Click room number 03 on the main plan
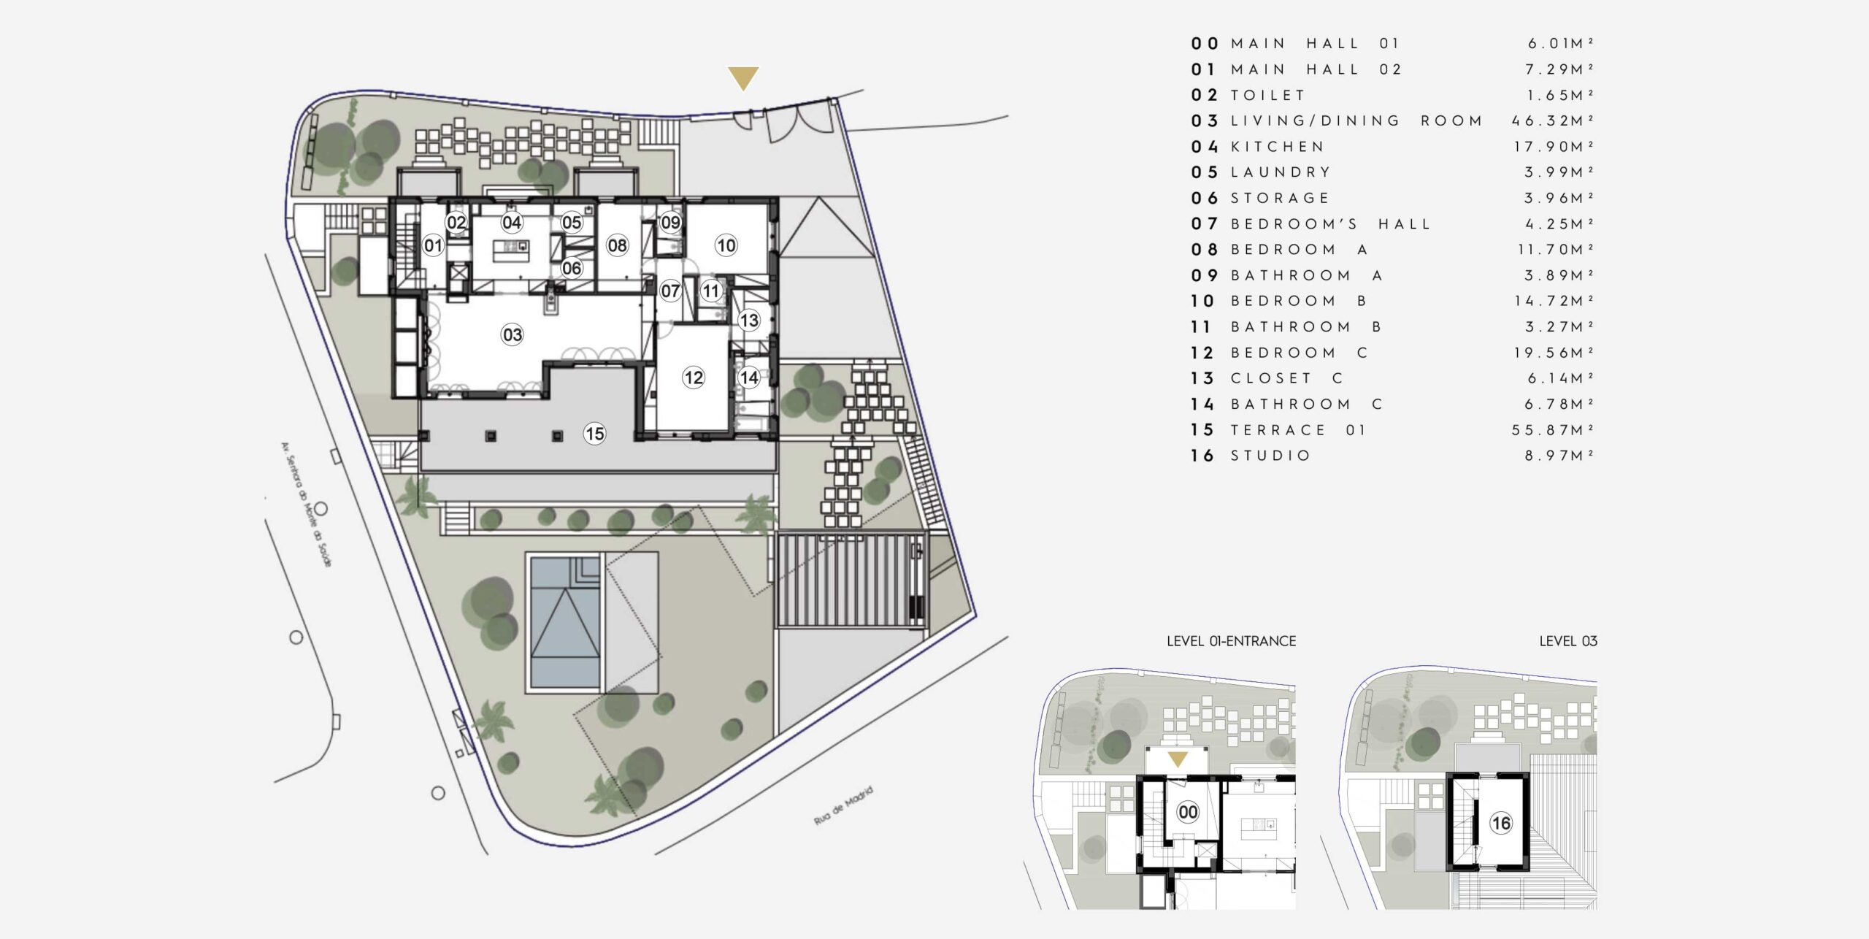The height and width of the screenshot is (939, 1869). tap(512, 334)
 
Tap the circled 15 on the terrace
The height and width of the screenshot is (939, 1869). tap(594, 434)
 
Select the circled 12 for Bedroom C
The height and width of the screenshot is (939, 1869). tap(693, 377)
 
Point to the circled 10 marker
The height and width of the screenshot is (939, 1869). tap(726, 245)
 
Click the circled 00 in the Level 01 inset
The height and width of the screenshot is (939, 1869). tap(1188, 812)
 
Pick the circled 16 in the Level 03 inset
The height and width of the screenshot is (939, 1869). tap(1500, 824)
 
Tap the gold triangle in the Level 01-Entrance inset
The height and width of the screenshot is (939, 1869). tap(1177, 759)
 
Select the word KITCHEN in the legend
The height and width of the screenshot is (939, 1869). tap(1277, 147)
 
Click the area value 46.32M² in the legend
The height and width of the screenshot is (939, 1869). tap(1552, 120)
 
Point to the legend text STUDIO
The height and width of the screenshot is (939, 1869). tap(1270, 456)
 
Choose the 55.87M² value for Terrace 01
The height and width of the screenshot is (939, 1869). tap(1552, 430)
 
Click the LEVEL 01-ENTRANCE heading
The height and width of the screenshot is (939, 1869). tap(1231, 641)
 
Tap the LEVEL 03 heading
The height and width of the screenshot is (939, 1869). tap(1568, 641)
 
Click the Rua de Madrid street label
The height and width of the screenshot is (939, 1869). tap(843, 806)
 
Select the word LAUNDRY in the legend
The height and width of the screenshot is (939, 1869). tap(1281, 172)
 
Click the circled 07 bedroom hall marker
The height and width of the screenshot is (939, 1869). tap(670, 291)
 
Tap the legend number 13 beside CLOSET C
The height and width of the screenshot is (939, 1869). tap(1202, 378)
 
